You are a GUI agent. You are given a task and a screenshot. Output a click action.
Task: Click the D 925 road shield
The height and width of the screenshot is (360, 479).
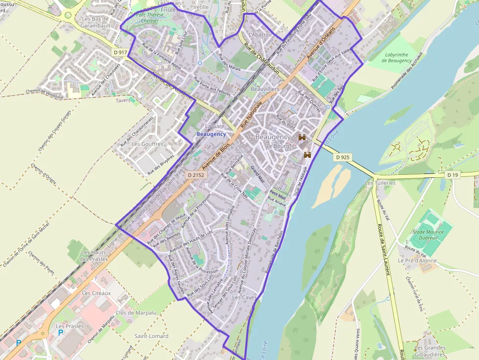coord(343,157)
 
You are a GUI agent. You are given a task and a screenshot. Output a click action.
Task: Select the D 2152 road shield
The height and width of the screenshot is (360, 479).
coord(195,174)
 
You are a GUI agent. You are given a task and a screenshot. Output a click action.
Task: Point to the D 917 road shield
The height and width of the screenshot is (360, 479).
coord(120,52)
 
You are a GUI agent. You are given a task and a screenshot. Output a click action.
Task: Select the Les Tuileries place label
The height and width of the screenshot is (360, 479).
coord(380,183)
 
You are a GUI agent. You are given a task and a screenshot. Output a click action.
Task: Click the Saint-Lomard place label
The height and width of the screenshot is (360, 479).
coord(152,336)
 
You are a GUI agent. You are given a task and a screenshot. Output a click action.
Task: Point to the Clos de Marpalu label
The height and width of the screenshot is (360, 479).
coord(136,313)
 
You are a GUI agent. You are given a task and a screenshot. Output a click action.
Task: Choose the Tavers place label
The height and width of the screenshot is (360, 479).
coord(124,100)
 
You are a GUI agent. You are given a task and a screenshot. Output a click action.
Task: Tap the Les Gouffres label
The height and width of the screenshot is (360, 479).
coord(148,144)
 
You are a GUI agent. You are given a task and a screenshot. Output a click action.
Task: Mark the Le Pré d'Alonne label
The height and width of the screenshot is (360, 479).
coord(417,261)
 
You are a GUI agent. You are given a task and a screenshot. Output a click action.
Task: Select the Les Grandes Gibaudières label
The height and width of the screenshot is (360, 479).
coord(430,351)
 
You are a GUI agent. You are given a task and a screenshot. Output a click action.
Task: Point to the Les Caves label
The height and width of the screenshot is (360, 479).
coord(244,297)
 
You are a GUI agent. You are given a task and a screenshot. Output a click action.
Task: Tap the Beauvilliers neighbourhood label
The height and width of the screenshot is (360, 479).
coord(265,89)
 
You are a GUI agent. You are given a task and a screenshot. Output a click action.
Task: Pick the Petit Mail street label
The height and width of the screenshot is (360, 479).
coord(278,193)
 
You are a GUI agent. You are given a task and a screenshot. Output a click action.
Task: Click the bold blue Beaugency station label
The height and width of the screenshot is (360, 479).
coord(211,134)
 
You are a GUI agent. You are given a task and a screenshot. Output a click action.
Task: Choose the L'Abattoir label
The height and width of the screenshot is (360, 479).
coord(260,35)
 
